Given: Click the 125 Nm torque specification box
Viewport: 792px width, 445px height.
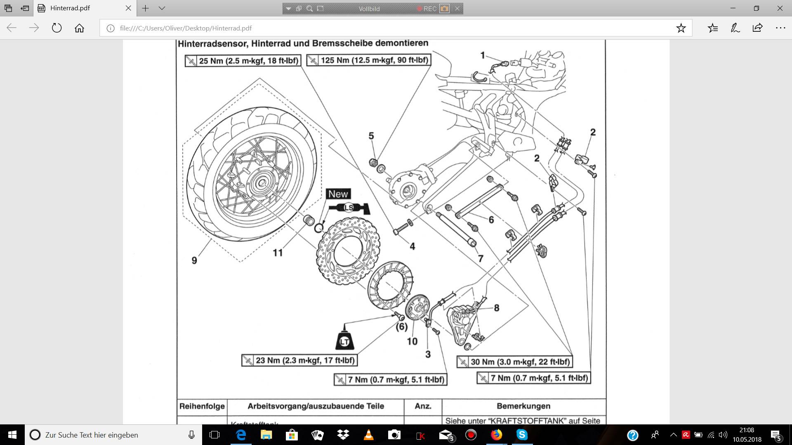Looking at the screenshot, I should pos(369,60).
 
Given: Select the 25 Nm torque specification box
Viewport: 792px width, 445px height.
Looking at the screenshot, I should pos(243,61).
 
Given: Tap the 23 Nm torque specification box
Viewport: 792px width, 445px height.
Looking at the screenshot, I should pos(299,361).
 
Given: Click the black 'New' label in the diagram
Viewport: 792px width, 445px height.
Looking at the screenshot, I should pos(338,194).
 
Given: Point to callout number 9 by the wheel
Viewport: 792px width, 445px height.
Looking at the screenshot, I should pos(194,260).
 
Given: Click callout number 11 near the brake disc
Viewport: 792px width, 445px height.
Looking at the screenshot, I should pos(278,253).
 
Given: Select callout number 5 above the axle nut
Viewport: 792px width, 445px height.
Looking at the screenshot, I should pos(371,136).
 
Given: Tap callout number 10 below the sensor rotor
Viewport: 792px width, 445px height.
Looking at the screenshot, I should pos(412,341).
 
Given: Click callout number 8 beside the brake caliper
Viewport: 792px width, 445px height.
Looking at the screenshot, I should pos(497,308).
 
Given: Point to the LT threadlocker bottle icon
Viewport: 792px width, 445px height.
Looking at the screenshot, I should pos(344,339).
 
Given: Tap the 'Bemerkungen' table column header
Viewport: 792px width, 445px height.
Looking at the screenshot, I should pos(523,406).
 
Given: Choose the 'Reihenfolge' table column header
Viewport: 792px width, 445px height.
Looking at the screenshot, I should pos(202,406).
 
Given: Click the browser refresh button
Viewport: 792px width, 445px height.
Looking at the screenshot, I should pos(57,28).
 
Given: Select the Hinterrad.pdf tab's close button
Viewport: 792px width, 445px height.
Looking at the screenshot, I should pos(128,8).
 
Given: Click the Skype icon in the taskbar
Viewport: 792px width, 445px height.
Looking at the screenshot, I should pos(522,435).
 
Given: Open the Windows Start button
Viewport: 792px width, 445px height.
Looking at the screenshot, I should pos(12,435).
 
